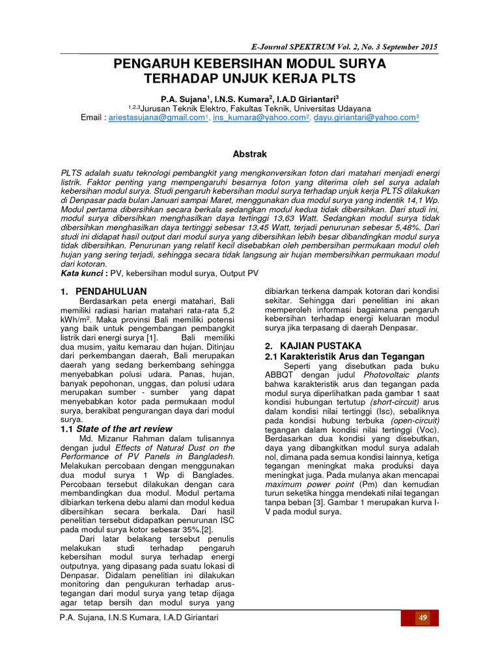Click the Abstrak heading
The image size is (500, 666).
(250, 153)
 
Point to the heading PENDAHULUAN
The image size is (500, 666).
(111, 291)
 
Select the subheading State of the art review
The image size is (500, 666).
(124, 429)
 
